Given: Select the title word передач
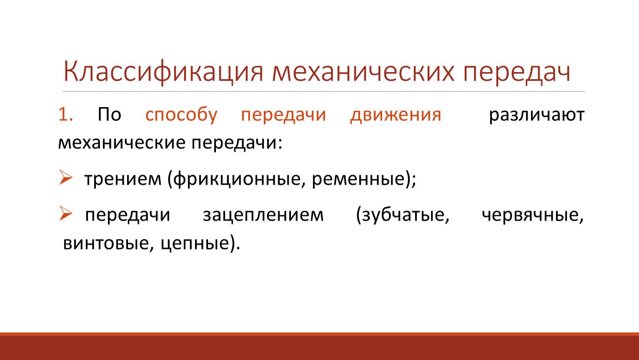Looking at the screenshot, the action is pos(517,73).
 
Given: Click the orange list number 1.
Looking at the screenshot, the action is pos(65,115).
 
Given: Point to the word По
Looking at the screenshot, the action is pos(110,115).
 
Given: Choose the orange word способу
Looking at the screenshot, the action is pos(181,115).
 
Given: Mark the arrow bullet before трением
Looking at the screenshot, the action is pos(65,177).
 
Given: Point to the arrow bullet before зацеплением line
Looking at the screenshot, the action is pos(65,213).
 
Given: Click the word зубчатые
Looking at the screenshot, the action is pos(403,215).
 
